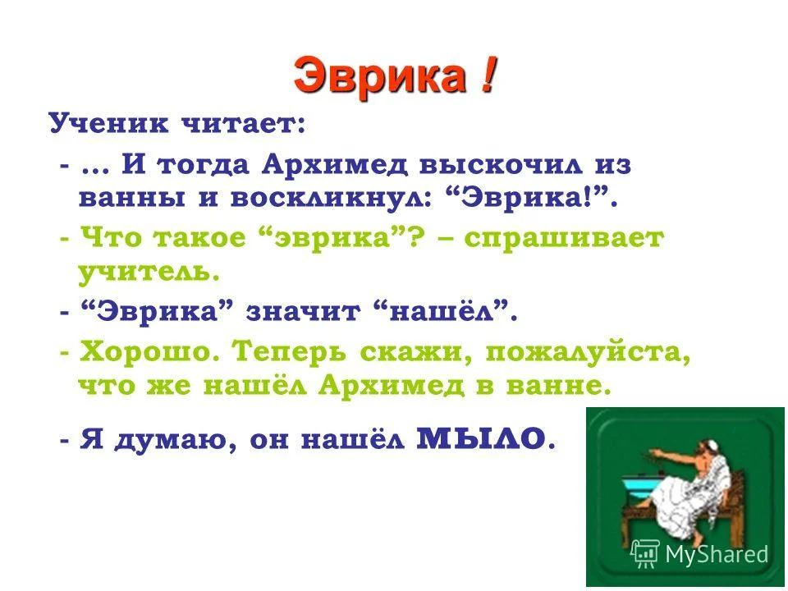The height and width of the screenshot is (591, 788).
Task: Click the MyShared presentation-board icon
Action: pyautogui.click(x=646, y=552)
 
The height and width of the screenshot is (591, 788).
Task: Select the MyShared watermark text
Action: pyautogui.click(x=717, y=553)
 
